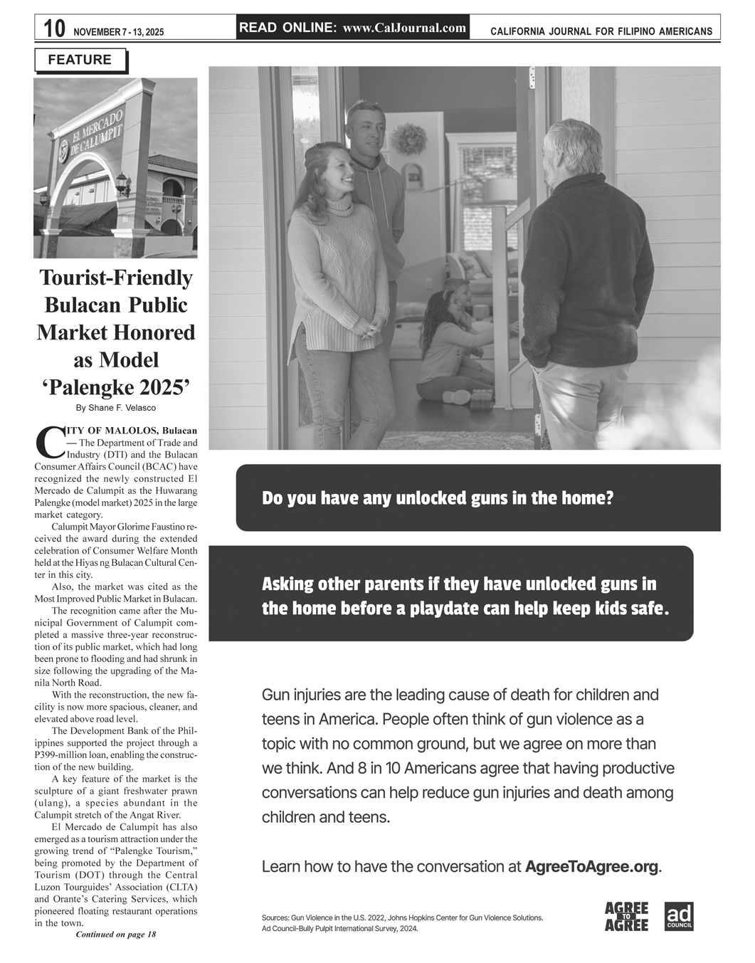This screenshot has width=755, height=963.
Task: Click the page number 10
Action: click(x=53, y=29)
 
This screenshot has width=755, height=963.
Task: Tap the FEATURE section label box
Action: click(x=80, y=60)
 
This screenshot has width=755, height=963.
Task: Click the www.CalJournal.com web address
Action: click(x=404, y=28)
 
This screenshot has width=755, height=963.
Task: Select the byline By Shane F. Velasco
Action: click(x=115, y=408)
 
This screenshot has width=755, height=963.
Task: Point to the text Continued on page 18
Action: click(x=115, y=935)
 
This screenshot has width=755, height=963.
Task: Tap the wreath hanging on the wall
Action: click(x=408, y=138)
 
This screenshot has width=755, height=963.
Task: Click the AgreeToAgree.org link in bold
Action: click(x=591, y=866)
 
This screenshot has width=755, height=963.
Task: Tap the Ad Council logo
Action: click(x=678, y=917)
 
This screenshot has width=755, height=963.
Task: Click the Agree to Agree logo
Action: click(x=626, y=917)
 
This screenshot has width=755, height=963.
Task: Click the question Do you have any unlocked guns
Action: click(x=437, y=498)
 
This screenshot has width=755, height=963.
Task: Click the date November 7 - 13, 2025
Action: click(x=118, y=32)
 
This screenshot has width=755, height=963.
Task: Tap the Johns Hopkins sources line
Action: click(x=402, y=917)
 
